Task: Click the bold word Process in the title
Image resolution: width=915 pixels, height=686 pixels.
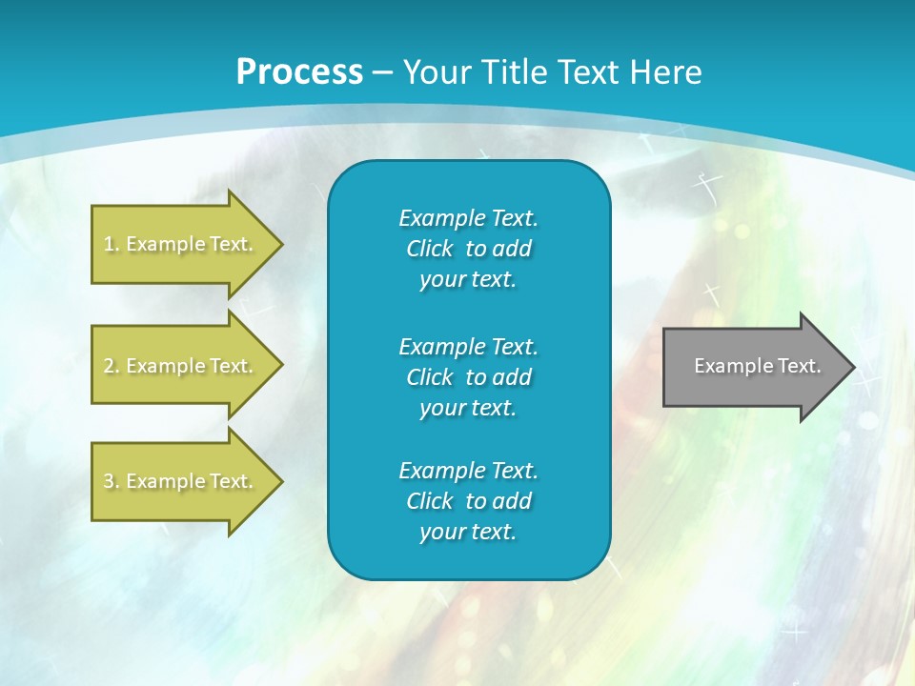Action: [x=299, y=72]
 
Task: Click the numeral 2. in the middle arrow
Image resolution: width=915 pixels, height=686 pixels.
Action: [x=111, y=366]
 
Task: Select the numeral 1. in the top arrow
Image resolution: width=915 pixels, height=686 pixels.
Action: [x=111, y=244]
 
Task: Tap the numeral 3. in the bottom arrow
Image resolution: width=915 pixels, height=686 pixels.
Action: [x=111, y=481]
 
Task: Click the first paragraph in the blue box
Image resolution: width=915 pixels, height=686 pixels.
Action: [x=468, y=249]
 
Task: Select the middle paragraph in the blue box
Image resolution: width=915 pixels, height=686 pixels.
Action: [x=468, y=377]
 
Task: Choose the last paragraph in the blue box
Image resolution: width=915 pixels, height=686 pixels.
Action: [x=468, y=501]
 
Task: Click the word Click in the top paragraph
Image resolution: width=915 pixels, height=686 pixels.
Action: [x=430, y=249]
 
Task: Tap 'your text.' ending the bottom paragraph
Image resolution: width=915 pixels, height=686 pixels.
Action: [x=468, y=532]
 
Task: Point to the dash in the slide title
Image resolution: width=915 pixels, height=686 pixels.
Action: [x=382, y=73]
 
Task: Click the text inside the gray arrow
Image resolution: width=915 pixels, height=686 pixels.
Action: [x=757, y=366]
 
